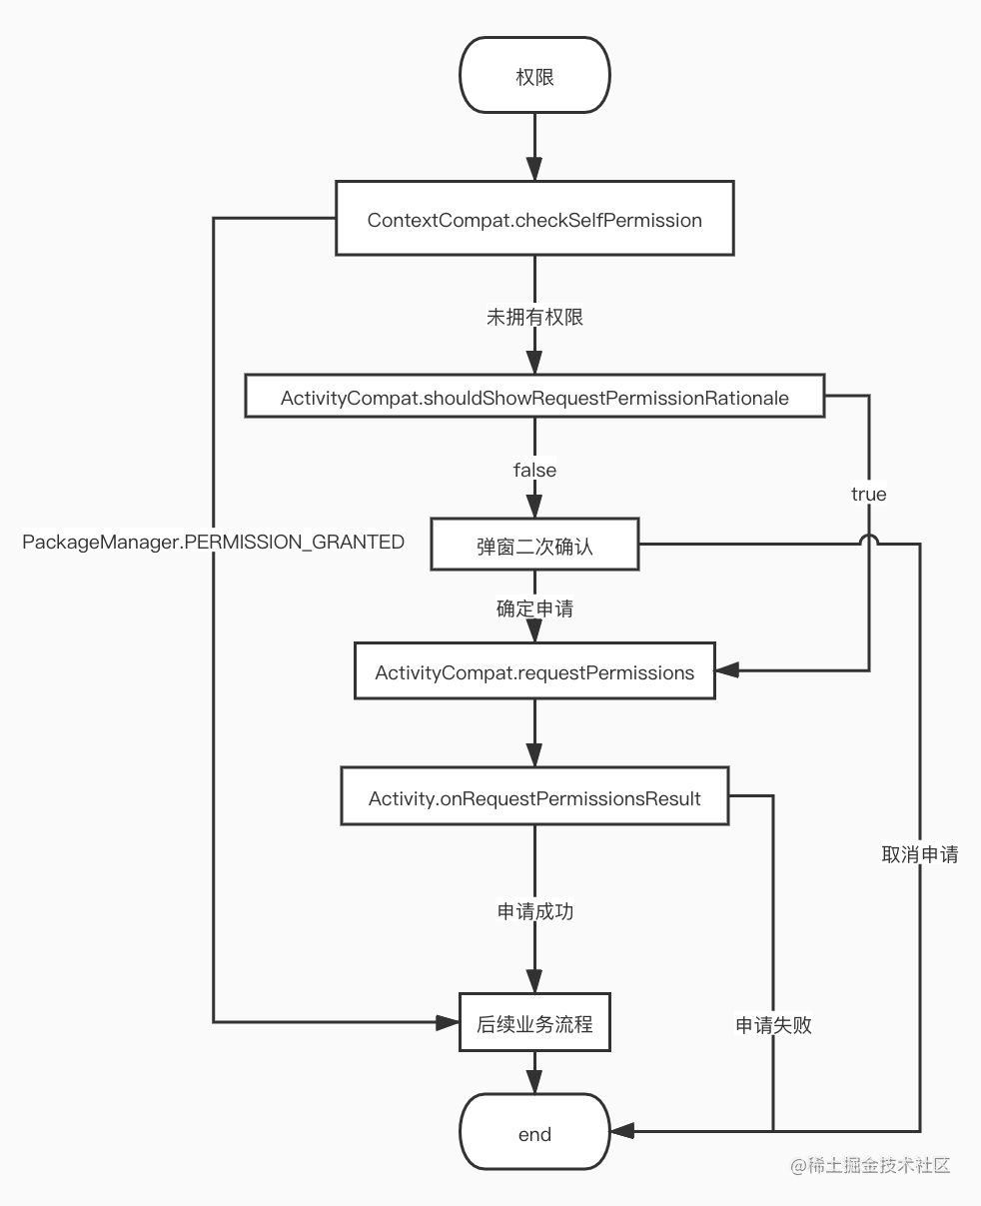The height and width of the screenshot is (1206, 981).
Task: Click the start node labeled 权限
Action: point(534,75)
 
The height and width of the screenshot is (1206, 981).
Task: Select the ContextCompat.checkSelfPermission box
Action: point(534,219)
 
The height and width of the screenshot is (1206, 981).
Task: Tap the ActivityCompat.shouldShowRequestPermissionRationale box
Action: point(534,397)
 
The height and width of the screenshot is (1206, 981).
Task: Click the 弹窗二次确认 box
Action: point(534,545)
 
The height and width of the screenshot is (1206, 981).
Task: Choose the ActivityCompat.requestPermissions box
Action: point(534,671)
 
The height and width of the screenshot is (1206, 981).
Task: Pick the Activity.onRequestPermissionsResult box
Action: point(534,796)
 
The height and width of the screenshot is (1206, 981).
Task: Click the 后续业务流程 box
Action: point(534,1022)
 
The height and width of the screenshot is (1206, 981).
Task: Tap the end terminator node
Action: point(534,1132)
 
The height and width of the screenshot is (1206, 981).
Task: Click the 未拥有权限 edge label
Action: point(534,317)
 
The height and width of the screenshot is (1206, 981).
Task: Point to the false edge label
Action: point(534,470)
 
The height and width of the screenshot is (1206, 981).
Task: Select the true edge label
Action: point(868,494)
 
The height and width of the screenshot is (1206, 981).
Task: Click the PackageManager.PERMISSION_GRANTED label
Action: point(213,542)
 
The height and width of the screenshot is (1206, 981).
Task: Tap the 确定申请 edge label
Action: point(534,608)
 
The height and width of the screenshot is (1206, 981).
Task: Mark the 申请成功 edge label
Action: point(534,911)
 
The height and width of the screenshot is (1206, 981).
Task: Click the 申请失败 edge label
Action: point(773,1025)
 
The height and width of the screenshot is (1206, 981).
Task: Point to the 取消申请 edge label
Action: point(920,854)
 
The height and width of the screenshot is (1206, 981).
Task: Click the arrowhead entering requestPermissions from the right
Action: point(727,670)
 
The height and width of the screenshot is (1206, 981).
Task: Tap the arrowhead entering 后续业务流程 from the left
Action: point(448,1022)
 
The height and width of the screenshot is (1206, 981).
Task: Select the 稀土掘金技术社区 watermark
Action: point(870,1166)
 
